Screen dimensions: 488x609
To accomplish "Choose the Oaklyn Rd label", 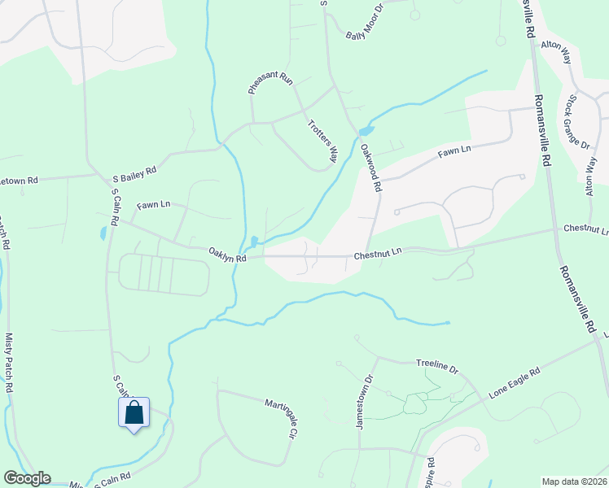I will click(227, 251).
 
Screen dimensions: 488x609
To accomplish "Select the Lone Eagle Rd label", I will click(515, 383).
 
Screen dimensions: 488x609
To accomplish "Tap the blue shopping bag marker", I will click(134, 412).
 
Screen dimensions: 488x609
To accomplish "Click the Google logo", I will click(26, 478).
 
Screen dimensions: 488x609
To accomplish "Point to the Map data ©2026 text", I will click(574, 481).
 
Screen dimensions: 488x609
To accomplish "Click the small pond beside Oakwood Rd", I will click(366, 130).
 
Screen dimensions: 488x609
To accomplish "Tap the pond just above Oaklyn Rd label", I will click(255, 242).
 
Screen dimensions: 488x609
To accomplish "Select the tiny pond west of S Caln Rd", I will click(103, 233).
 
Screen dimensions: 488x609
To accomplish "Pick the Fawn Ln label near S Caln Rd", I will click(154, 204).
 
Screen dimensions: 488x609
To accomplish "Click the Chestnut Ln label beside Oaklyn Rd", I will click(378, 255).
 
